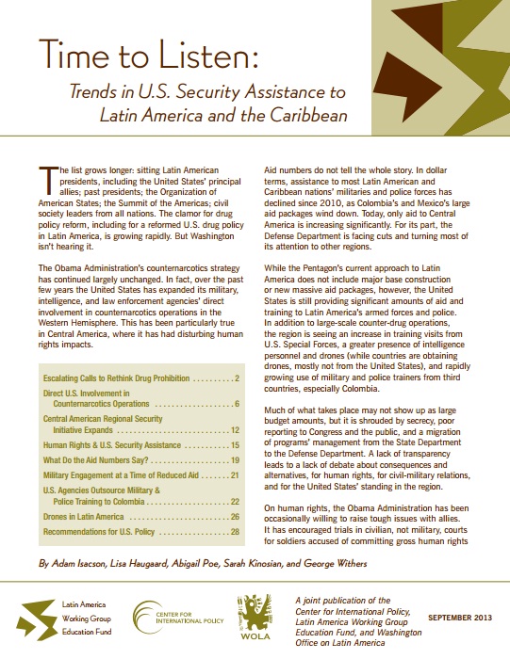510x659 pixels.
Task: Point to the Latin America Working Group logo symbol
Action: click(44, 618)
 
